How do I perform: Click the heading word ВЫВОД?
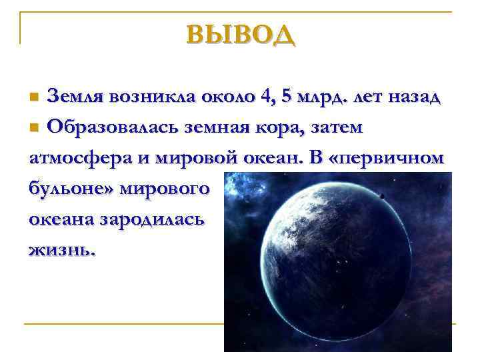coord(240,33)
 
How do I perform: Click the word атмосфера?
coord(73,158)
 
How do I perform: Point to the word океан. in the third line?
coord(265,158)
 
